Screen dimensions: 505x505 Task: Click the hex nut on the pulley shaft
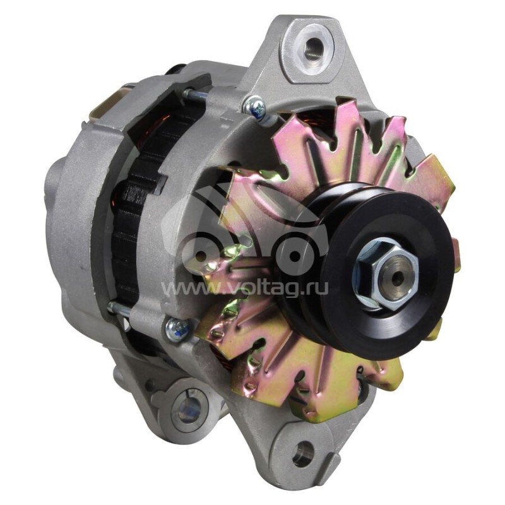(x=387, y=273)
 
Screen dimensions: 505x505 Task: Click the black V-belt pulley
(x=364, y=267)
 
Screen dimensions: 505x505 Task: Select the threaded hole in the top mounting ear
(x=311, y=47)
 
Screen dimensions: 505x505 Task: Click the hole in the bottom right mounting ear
(x=303, y=453)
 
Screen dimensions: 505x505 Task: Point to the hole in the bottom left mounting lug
(x=190, y=407)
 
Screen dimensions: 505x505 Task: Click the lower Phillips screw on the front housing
(x=177, y=328)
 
